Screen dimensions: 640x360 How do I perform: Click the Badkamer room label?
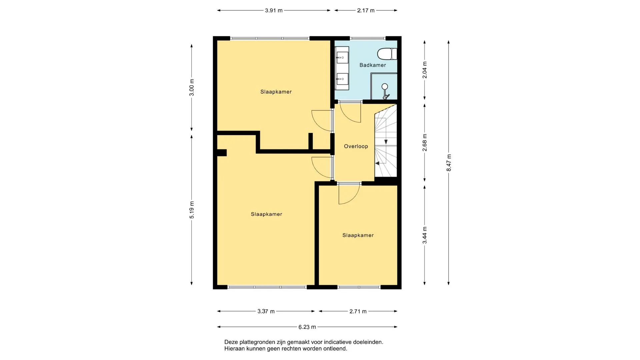pyautogui.click(x=373, y=65)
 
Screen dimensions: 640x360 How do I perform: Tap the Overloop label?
pyautogui.click(x=356, y=146)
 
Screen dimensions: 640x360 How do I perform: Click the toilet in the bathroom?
pyautogui.click(x=387, y=54)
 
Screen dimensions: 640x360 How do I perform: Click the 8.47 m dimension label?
pyautogui.click(x=449, y=163)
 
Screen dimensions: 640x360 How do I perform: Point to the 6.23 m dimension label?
pyautogui.click(x=307, y=327)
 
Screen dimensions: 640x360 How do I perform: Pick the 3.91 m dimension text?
pyautogui.click(x=274, y=10)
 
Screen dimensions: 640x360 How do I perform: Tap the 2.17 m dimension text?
pyautogui.click(x=366, y=10)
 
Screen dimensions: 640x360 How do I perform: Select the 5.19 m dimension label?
pyautogui.click(x=192, y=210)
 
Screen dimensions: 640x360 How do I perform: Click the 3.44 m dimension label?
pyautogui.click(x=425, y=235)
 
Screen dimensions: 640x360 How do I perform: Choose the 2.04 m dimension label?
pyautogui.click(x=425, y=70)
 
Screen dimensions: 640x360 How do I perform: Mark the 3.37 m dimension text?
pyautogui.click(x=266, y=311)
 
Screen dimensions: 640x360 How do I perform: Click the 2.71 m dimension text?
pyautogui.click(x=358, y=311)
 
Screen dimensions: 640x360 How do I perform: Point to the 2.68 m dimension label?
pyautogui.click(x=425, y=143)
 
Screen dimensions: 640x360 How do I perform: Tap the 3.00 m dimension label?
pyautogui.click(x=192, y=87)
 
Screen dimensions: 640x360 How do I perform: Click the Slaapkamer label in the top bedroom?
pyautogui.click(x=276, y=92)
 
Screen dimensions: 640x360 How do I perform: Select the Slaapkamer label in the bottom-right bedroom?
pyautogui.click(x=358, y=235)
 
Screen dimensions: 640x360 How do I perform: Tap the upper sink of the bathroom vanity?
pyautogui.click(x=342, y=58)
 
